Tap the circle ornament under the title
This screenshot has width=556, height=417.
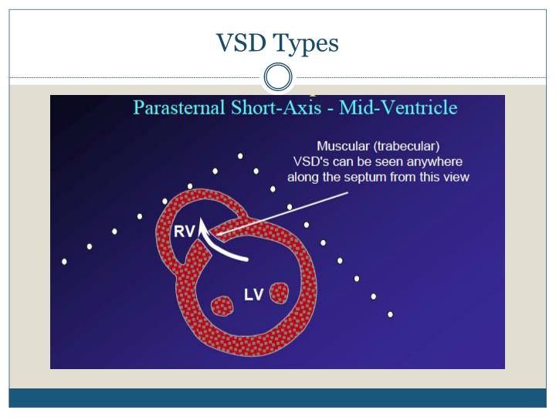coord(278,78)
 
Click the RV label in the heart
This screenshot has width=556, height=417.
coord(184,232)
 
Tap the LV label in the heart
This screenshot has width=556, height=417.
coord(254,294)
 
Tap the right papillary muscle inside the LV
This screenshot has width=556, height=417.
coord(278,293)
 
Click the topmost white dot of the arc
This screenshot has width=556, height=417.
coord(240,156)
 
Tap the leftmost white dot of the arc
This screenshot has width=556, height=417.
coord(64,262)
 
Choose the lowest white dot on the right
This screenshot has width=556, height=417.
coord(390,314)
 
